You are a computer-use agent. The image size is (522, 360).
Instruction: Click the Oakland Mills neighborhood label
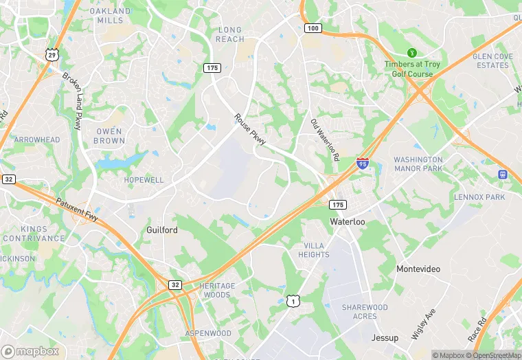tap(110, 16)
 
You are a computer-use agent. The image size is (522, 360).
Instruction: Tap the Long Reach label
tap(230, 34)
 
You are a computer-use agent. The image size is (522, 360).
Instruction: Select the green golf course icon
tap(412, 52)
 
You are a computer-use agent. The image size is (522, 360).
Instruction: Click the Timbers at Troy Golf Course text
tap(412, 69)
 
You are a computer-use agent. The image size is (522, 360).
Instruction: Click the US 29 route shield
tap(52, 54)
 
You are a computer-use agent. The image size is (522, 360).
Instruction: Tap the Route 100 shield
tap(313, 28)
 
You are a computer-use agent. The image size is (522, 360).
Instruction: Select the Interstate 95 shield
tap(362, 164)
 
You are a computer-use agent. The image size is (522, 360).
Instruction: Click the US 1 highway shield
tap(293, 301)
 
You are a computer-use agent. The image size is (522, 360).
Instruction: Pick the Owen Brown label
tap(109, 136)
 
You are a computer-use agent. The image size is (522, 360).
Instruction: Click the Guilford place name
tap(162, 230)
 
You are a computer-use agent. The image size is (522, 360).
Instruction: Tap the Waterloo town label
tap(348, 222)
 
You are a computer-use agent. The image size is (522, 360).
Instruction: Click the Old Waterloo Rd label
tap(324, 139)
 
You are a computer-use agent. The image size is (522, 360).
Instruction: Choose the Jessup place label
tap(385, 338)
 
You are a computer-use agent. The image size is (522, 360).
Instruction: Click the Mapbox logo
tap(30, 351)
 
